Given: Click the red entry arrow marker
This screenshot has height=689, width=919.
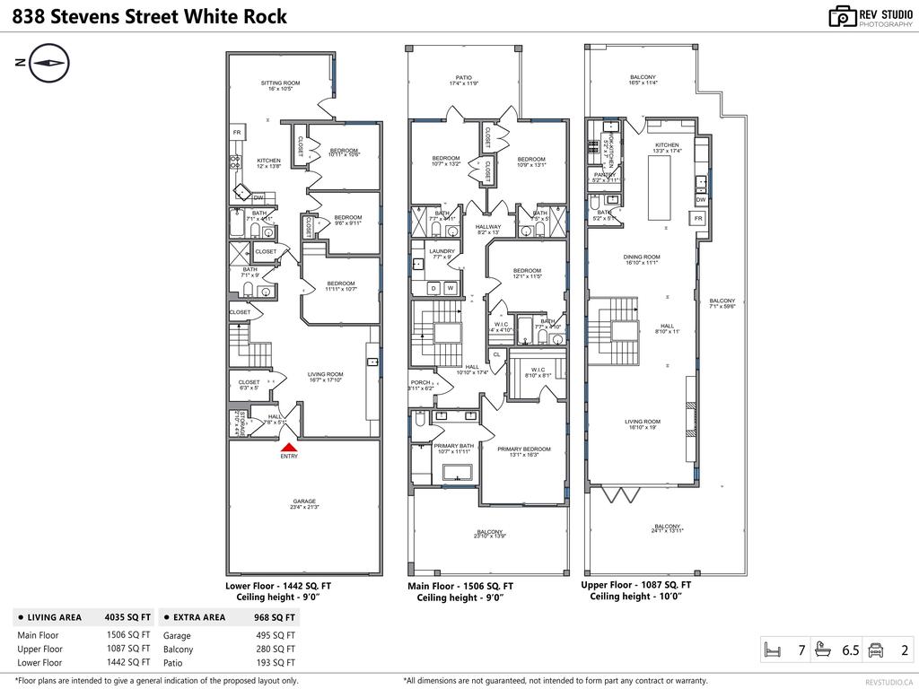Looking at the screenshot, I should click(288, 447).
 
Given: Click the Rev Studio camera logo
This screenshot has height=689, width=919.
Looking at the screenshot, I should click(843, 16).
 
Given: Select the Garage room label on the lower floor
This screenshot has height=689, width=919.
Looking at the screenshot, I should click(304, 501).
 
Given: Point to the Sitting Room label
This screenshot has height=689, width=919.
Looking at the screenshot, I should click(280, 83).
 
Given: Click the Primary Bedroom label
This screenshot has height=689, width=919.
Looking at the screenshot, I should click(524, 449).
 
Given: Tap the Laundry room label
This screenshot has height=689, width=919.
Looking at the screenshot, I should click(442, 251).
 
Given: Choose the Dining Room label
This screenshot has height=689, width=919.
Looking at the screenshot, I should click(642, 257).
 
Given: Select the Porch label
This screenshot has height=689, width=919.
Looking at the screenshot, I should click(420, 382).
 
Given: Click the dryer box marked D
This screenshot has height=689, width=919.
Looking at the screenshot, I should click(433, 288).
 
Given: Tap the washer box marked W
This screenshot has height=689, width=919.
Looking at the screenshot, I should click(451, 288).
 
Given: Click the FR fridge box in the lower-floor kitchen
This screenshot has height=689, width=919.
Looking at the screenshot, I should click(237, 133).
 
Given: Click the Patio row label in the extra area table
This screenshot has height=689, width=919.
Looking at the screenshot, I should click(174, 663).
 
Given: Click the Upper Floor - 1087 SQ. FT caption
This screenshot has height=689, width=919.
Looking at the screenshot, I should click(636, 584).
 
